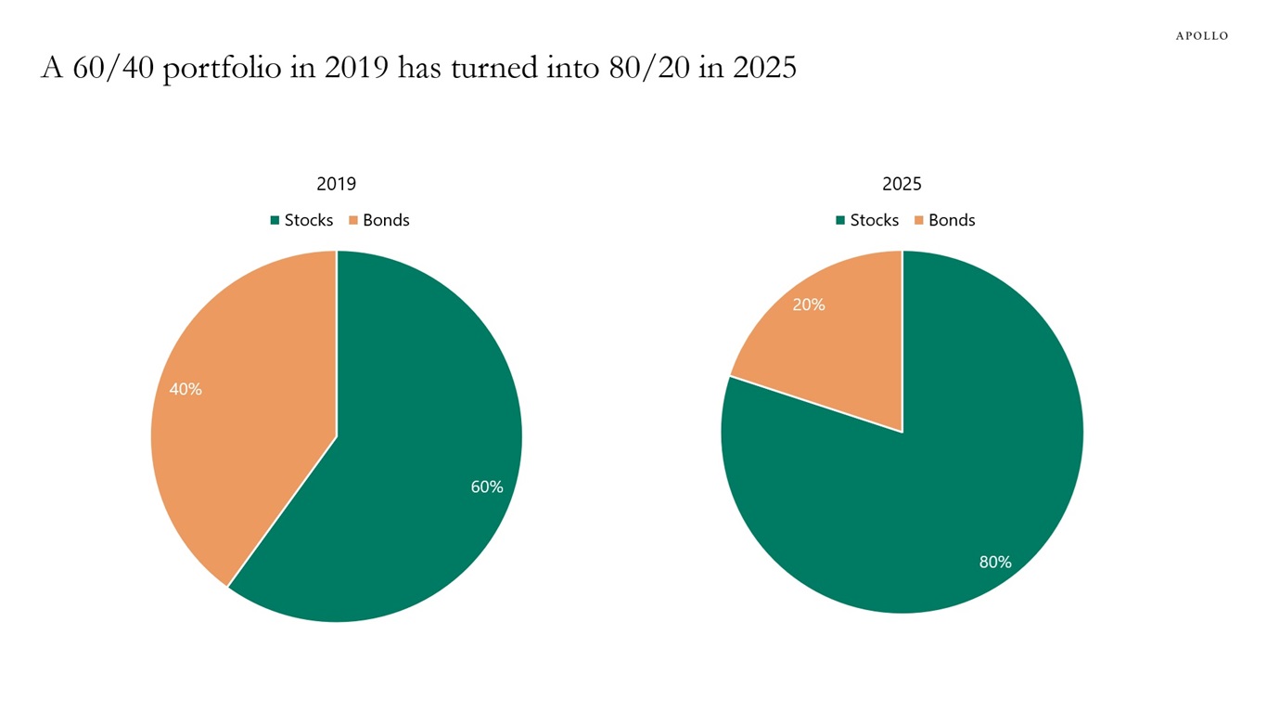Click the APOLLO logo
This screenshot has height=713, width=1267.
coord(1201,35)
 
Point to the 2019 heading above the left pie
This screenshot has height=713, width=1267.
coord(336,184)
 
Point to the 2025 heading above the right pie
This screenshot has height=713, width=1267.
coord(902,184)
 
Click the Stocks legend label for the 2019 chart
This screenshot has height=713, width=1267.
coord(309,220)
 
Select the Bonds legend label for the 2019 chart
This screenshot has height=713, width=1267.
coord(386,220)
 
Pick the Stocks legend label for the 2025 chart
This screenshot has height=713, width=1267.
coord(875,220)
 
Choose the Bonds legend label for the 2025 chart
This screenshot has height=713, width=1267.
coord(952,220)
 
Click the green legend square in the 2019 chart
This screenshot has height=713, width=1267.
coord(275,221)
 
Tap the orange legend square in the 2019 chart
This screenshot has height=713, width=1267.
coord(353,221)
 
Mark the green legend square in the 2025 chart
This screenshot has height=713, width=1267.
coord(840,221)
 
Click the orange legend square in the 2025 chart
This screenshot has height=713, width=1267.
coord(919,221)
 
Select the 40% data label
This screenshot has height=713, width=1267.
coord(186,390)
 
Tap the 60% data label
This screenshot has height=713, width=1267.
coord(487,486)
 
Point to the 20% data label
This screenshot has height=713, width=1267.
coord(809,305)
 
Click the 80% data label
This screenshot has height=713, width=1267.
coord(995,562)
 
